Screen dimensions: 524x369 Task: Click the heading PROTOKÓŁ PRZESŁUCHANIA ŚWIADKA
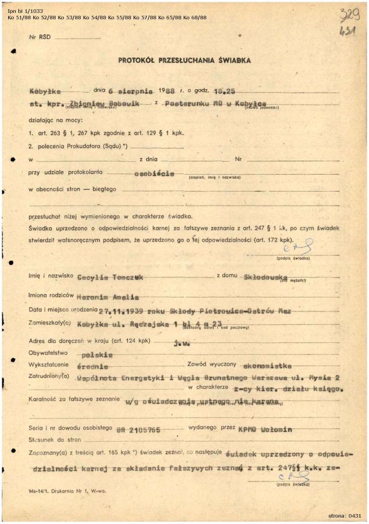184,59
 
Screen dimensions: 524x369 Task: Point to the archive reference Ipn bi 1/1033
26,10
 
